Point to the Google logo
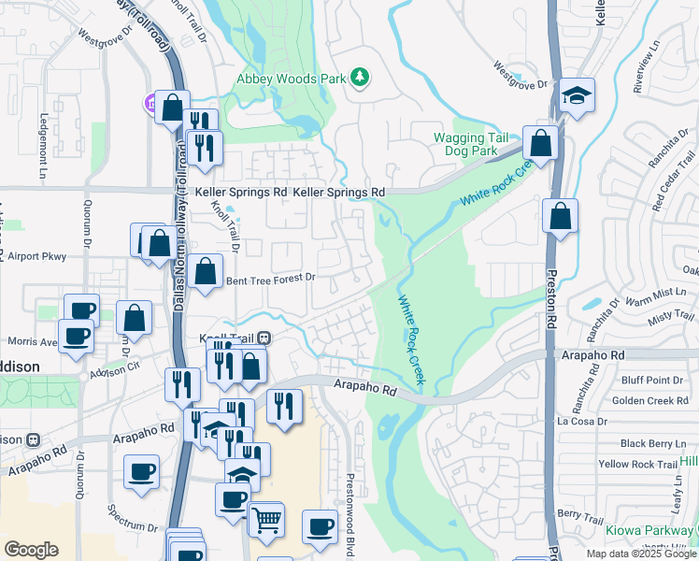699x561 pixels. click(x=31, y=549)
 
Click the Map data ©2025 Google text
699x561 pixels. click(x=641, y=554)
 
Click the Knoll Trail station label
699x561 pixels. click(x=229, y=337)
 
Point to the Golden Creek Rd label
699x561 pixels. click(x=649, y=401)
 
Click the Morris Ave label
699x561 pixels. click(x=33, y=342)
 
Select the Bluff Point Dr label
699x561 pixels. click(x=651, y=380)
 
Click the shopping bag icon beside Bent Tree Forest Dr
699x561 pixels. click(x=205, y=272)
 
